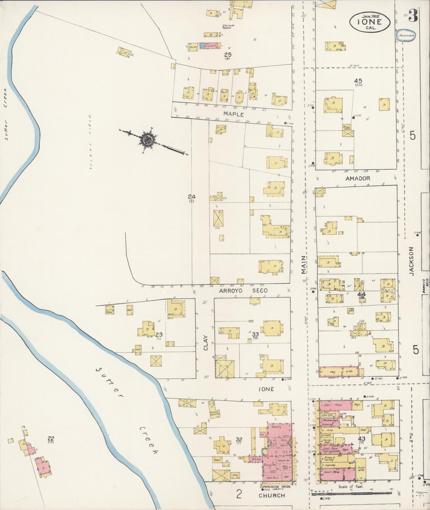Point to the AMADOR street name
pos(358,179)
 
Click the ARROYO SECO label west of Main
pos(243,290)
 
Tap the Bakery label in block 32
pos(276,427)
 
